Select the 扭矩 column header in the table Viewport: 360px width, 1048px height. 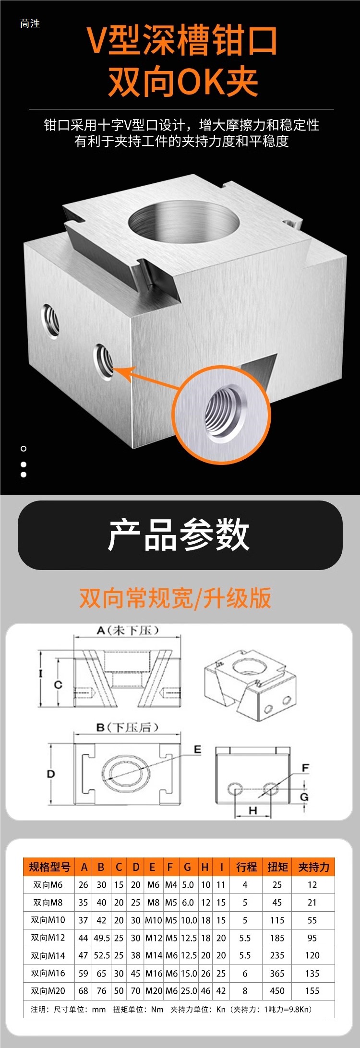click(x=277, y=867)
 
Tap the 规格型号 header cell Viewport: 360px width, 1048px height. click(x=49, y=867)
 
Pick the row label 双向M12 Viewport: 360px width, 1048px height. click(x=48, y=938)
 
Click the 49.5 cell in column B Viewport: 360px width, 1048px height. click(x=102, y=938)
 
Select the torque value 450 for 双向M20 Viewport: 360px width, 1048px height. click(x=277, y=990)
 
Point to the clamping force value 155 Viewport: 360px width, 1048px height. click(x=312, y=990)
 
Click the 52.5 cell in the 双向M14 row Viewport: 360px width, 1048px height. click(x=102, y=955)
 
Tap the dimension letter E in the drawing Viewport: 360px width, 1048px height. click(x=197, y=750)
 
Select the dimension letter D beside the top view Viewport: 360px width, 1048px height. click(x=51, y=774)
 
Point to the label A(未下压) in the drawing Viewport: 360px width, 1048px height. click(x=127, y=630)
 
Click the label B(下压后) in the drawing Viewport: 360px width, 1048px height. click(x=127, y=727)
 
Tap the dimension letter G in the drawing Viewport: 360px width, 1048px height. click(x=304, y=797)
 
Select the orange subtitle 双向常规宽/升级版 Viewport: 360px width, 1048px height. click(x=175, y=598)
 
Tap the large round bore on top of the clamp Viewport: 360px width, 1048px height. click(x=184, y=222)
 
